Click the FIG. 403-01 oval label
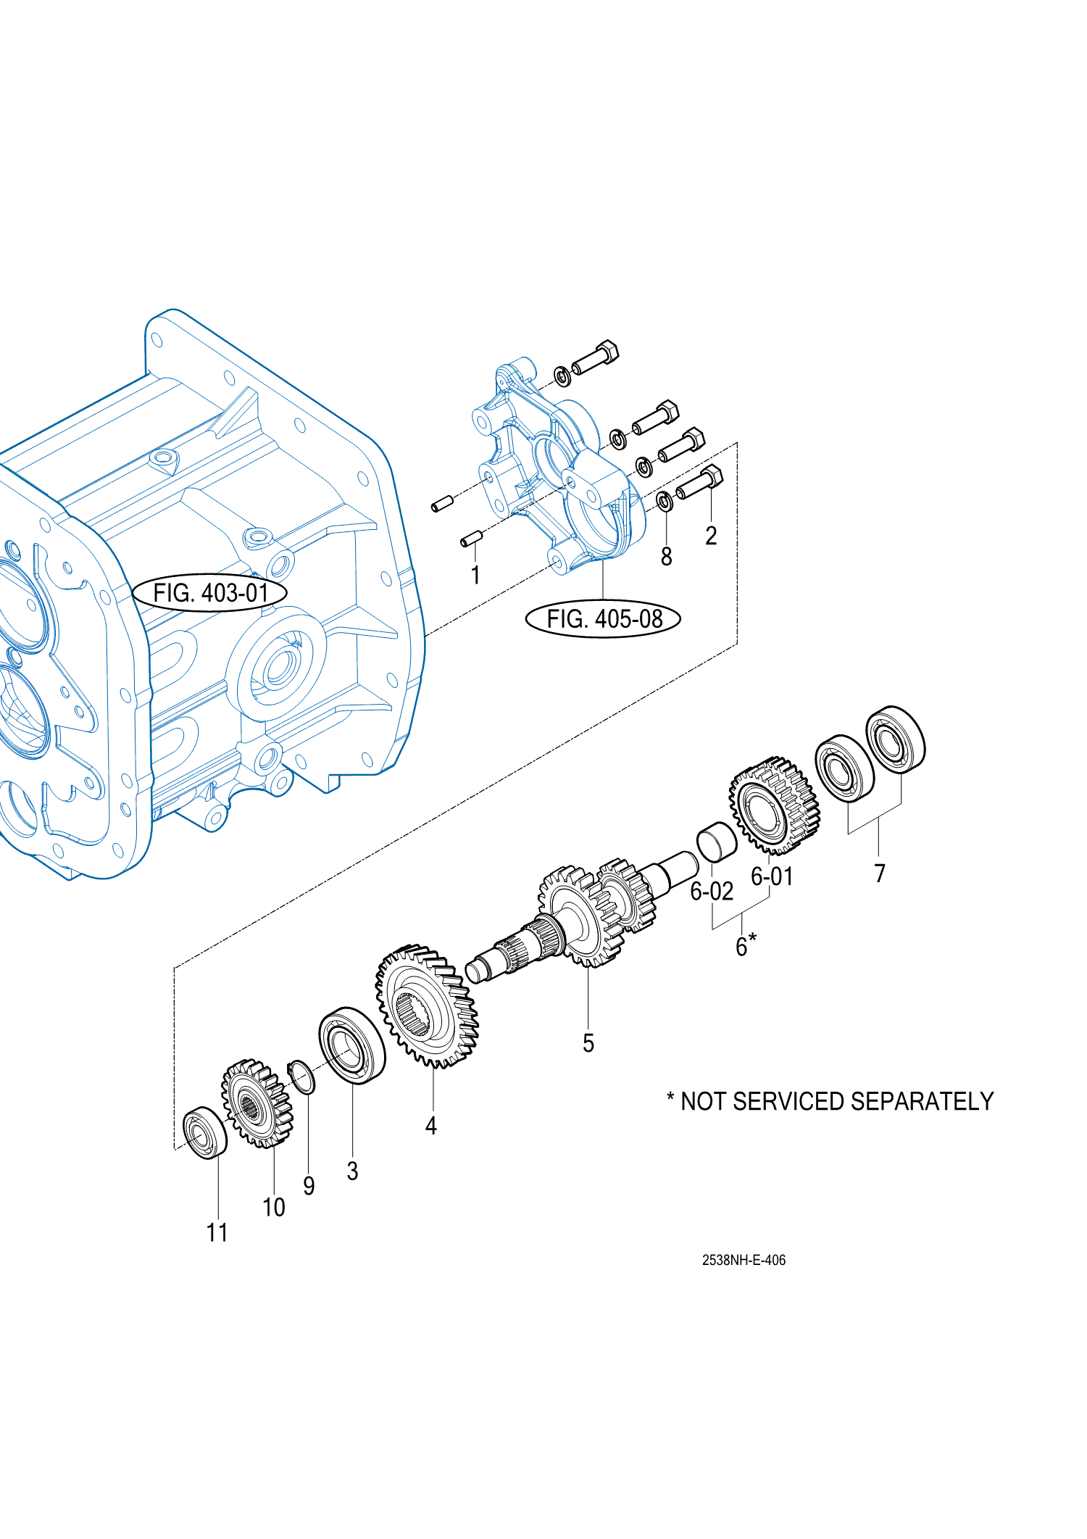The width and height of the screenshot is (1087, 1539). [x=209, y=593]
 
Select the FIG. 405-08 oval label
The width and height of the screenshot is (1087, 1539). [x=603, y=619]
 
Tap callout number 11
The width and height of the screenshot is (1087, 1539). [x=217, y=1232]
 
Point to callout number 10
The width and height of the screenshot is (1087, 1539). [x=274, y=1207]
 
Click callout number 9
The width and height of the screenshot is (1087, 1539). [x=309, y=1186]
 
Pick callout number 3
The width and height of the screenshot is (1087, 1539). [x=352, y=1171]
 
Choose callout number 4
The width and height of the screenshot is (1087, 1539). [x=431, y=1126]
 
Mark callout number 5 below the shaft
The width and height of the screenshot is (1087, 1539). [x=588, y=1043]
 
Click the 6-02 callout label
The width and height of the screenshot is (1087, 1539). [x=712, y=891]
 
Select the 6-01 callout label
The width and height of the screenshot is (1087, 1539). [x=772, y=876]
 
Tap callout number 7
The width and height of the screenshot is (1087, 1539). [x=880, y=874]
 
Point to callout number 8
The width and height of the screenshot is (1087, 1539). [x=666, y=557]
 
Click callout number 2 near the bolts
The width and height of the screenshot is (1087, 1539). [x=711, y=536]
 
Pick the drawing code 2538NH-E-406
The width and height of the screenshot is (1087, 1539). [x=744, y=1261]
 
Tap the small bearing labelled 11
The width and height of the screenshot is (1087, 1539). [x=205, y=1133]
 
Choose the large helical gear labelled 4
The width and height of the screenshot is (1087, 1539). [x=427, y=1006]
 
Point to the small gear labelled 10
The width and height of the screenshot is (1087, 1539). [x=257, y=1103]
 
